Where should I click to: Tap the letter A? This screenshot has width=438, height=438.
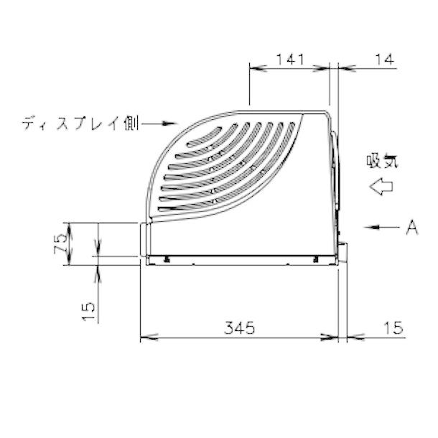pyautogui.click(x=411, y=228)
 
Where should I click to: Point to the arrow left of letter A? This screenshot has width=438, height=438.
pyautogui.click(x=380, y=228)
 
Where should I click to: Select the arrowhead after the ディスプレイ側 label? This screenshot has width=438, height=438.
pyautogui.click(x=170, y=124)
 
